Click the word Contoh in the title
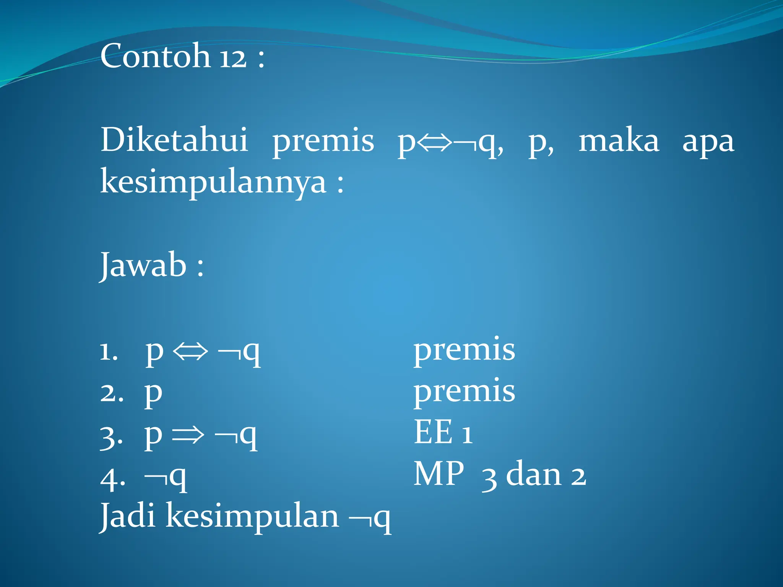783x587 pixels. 155,56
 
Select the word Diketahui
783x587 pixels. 174,140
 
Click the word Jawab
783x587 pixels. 143,265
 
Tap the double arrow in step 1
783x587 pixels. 190,351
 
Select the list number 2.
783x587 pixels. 111,393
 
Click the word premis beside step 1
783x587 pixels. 464,350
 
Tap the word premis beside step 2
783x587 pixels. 464,391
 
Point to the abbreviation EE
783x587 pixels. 433,432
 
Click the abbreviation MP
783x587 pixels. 439,474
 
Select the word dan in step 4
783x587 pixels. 534,475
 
